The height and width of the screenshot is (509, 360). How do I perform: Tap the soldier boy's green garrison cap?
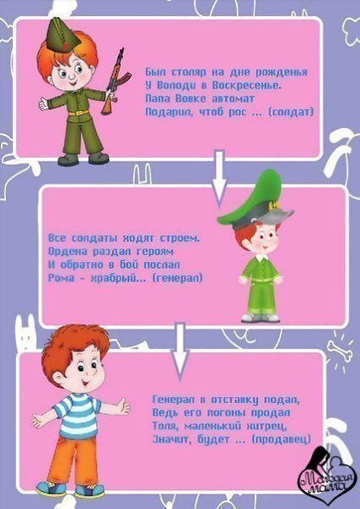pyautogui.click(x=63, y=36)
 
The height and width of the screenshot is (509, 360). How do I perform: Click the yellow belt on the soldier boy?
pyautogui.click(x=79, y=113)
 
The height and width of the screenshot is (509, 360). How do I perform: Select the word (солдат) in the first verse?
pyautogui.click(x=291, y=112)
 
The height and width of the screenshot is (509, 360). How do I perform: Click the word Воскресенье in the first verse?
pyautogui.click(x=246, y=86)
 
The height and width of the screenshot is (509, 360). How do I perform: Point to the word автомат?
pyautogui.click(x=233, y=98)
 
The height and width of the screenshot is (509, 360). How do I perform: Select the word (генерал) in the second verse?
pyautogui.click(x=177, y=278)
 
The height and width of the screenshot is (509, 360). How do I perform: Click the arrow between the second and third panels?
pyautogui.click(x=180, y=351)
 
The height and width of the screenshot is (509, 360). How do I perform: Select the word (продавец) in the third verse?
pyautogui.click(x=281, y=439)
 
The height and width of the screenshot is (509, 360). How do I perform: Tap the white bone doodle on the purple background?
pyautogui.click(x=340, y=350)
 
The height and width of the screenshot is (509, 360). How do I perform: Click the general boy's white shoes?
pyautogui.click(x=261, y=317)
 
